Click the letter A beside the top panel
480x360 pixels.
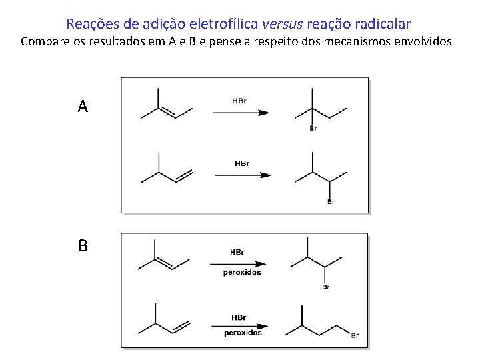(83, 106)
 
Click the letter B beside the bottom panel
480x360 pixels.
(83, 246)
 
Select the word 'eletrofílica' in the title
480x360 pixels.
(221, 24)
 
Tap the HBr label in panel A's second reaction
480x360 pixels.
(242, 163)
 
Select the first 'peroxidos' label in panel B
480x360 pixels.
(242, 272)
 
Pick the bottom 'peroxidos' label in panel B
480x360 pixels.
(243, 333)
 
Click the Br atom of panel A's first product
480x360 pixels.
(313, 129)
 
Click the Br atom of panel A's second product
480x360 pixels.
(331, 201)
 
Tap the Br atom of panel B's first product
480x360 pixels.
(325, 287)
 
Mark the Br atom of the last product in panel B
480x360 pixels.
(355, 335)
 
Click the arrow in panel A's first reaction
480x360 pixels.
(241, 113)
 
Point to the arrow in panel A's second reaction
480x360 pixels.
(243, 175)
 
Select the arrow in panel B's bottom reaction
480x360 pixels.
(241, 326)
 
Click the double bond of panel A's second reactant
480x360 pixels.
(183, 175)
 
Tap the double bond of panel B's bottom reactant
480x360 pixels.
(181, 327)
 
